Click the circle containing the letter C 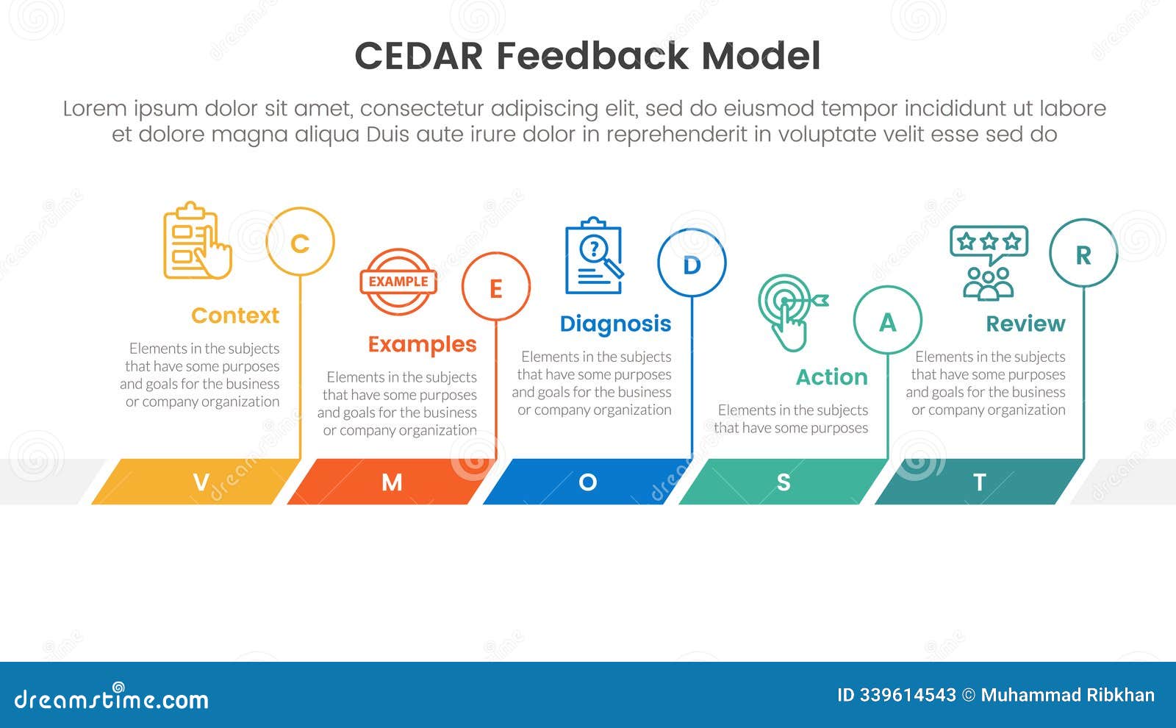coord(300,242)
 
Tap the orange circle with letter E coord(496,288)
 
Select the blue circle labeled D coord(692,263)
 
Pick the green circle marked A coord(887,321)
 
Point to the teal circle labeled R coord(1083,254)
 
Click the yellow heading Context coord(235,315)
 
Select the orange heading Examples coord(422,344)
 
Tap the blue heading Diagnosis coord(615,324)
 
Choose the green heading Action coord(831,377)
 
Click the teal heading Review coord(1025,324)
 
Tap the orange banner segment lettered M coord(391,482)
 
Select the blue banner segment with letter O coord(587,482)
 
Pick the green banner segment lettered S coord(783,482)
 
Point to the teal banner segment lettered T coord(978,482)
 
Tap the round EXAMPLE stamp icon coord(398,282)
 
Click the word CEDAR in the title coord(418,56)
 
